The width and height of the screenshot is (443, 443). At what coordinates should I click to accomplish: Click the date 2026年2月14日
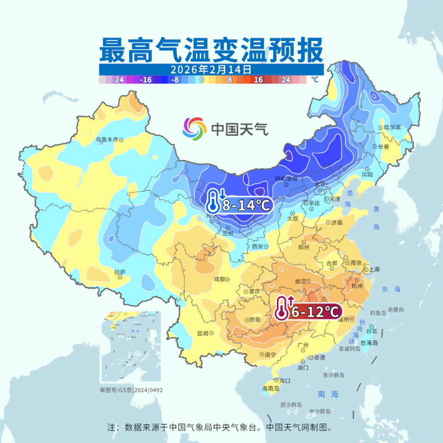(211, 70)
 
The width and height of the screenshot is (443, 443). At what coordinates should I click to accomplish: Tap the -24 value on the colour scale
(118, 80)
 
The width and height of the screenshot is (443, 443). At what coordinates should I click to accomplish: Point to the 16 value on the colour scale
(258, 80)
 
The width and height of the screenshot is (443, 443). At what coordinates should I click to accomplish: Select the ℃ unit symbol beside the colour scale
(315, 80)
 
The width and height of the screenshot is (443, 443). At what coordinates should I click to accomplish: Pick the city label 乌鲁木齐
(107, 139)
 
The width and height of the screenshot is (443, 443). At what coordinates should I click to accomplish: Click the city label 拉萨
(120, 272)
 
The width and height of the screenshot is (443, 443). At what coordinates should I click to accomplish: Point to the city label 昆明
(203, 333)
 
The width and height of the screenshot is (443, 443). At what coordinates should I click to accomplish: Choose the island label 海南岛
(271, 389)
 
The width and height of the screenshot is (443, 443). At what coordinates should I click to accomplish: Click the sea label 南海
(328, 394)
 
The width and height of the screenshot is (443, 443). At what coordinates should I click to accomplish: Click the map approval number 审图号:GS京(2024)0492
(131, 390)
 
